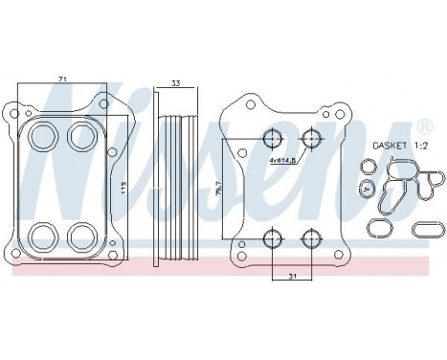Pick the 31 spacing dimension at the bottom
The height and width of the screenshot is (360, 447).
(290, 277)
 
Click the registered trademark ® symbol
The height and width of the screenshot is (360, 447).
(424, 126)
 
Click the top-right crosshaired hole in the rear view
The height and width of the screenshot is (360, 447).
(309, 140)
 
